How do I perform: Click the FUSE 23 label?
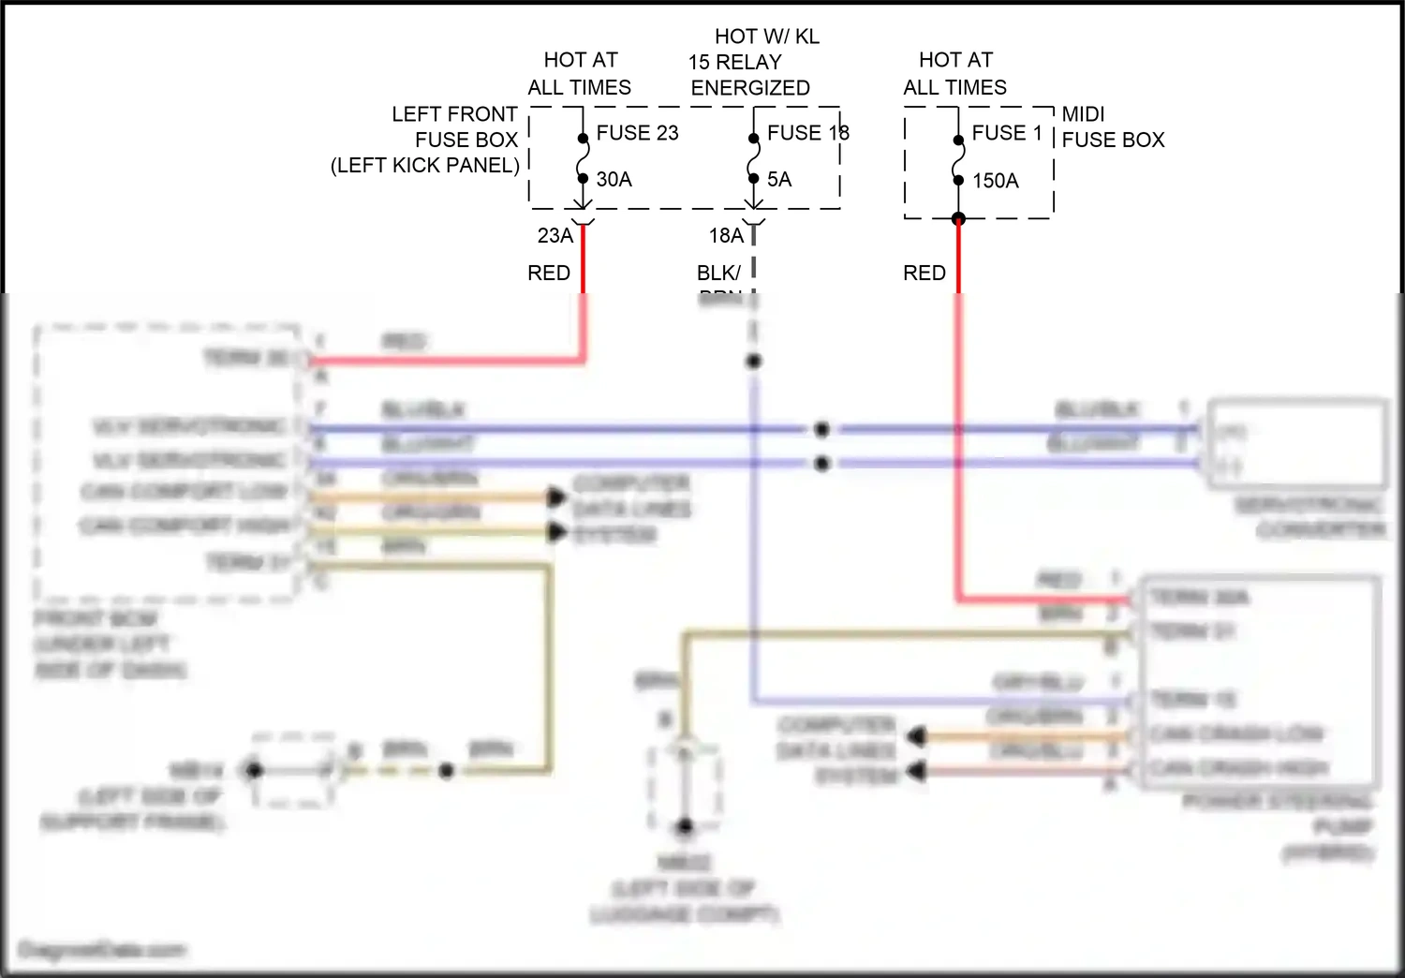click(637, 133)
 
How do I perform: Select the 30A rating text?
click(614, 179)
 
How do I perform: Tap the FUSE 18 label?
click(807, 133)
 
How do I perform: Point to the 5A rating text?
click(778, 179)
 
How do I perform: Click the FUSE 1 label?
click(1007, 133)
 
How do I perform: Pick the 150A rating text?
click(995, 181)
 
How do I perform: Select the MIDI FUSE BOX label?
click(1112, 127)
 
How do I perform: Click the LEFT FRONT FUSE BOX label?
click(455, 127)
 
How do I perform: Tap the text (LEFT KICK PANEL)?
click(425, 166)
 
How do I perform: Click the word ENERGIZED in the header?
click(750, 88)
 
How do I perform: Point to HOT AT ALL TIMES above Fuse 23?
click(580, 74)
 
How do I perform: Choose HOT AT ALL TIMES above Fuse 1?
click(954, 74)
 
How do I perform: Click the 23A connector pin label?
click(555, 236)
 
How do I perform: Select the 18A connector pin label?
click(726, 236)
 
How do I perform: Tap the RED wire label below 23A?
click(549, 273)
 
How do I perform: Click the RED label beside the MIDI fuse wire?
click(924, 273)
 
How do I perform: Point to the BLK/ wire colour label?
click(718, 273)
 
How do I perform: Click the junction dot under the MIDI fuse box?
click(958, 219)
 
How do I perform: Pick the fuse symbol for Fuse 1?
click(958, 160)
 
